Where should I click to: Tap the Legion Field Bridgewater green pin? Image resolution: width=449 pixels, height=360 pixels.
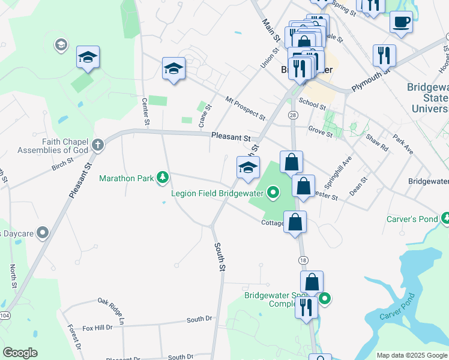point(273,193)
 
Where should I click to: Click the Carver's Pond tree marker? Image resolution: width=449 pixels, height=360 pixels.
point(445,218)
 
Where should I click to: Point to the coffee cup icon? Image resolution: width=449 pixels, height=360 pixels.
point(401,23)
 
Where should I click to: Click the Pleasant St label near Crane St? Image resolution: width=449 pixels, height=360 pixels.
point(231,137)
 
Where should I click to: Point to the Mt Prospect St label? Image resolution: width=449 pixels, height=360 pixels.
point(245,106)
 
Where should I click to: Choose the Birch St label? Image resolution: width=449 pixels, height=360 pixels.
point(62,164)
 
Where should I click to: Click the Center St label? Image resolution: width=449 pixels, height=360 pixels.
point(145,112)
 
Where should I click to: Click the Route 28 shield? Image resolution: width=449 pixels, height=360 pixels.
point(293,115)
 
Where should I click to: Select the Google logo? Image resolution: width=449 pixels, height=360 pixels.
point(20,353)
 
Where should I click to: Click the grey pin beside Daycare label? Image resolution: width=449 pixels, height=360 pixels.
point(42,232)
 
